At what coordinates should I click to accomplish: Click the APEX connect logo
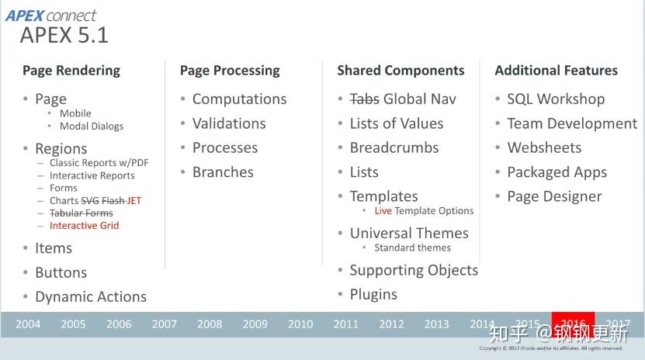[51, 15]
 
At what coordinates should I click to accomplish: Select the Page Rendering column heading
[71, 71]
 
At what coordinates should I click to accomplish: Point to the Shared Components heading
[401, 71]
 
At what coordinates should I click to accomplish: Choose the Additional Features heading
[556, 71]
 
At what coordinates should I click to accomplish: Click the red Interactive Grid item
[84, 226]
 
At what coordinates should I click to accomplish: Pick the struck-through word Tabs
[364, 99]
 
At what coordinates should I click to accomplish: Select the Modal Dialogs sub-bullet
[91, 126]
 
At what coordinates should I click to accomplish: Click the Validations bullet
[229, 123]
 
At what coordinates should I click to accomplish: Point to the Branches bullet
[223, 172]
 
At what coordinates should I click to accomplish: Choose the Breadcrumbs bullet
[394, 148]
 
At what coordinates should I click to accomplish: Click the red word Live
[383, 211]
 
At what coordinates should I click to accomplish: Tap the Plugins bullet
[373, 295]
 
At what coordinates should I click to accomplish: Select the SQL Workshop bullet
[555, 99]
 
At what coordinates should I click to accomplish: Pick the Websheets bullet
[544, 148]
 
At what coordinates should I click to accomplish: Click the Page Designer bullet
[554, 197]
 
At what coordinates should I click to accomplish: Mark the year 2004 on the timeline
[28, 324]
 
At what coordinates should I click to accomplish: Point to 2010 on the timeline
[300, 324]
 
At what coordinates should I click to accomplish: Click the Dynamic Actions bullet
[90, 297]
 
